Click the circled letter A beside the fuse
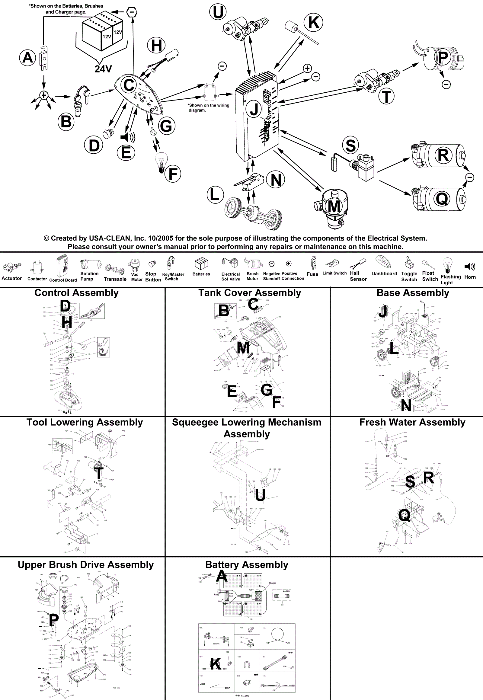[x=27, y=57]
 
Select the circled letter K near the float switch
[x=314, y=22]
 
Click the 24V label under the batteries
[x=103, y=69]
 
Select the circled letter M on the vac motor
[x=334, y=206]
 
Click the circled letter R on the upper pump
[x=443, y=155]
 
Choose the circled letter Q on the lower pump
[x=442, y=199]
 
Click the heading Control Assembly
[x=77, y=293]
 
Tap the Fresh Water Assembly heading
[x=412, y=422]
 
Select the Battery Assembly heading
[x=247, y=565]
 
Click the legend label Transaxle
[x=115, y=279]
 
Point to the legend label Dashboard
[x=384, y=273]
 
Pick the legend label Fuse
[x=312, y=274]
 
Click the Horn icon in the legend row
[x=470, y=267]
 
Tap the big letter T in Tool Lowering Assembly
[x=99, y=473]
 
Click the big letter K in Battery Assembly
[x=216, y=664]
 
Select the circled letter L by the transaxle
[x=215, y=194]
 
